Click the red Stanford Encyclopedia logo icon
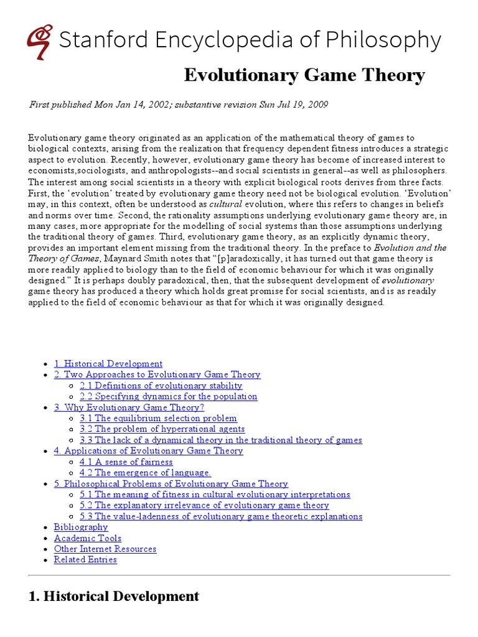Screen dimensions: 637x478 39,42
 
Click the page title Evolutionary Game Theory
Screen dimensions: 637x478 304,76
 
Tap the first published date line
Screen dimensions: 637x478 179,105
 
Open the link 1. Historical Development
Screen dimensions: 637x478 108,364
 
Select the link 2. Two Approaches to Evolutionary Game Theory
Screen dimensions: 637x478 157,374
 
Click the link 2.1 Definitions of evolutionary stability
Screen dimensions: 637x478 161,386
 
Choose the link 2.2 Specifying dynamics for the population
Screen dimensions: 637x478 168,396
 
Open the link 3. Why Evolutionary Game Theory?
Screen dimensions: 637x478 129,407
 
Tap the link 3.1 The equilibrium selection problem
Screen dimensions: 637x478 158,419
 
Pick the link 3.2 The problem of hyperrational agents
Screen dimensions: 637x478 162,429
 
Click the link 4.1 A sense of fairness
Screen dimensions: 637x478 126,462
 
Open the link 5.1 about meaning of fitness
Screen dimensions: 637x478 215,495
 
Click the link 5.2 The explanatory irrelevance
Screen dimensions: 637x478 204,506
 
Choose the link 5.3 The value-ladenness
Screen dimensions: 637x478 221,516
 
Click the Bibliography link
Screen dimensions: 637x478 81,528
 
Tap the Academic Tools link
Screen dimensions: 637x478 88,538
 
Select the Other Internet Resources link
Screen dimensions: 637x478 105,549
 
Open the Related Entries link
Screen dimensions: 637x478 85,560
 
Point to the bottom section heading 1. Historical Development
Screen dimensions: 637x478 114,597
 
